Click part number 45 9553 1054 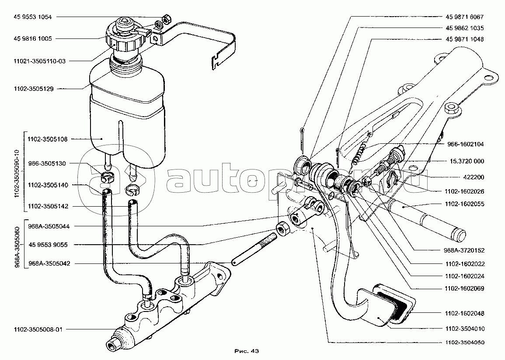coord(33,17)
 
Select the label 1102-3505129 coord(33,88)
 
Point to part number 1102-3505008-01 coord(36,329)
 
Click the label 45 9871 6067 coord(464,17)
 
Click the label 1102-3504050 coord(464,342)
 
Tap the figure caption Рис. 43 coord(247,350)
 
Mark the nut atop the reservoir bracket coord(166,19)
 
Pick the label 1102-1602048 coord(464,313)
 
